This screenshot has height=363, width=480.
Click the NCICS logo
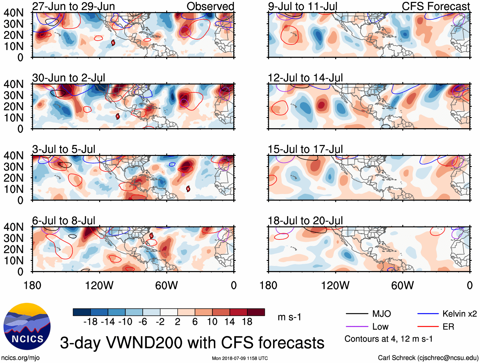(27, 326)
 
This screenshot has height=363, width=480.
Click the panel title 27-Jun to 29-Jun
(73, 6)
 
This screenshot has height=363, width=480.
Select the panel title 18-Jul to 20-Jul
(305, 220)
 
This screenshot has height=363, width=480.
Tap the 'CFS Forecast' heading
(435, 6)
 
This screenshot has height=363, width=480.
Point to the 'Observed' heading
(210, 6)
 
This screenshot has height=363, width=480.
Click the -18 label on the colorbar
(91, 322)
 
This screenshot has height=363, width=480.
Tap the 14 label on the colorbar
(230, 322)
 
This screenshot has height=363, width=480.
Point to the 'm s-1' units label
(289, 317)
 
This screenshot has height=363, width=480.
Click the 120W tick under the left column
(99, 285)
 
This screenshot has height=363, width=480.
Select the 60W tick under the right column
(402, 285)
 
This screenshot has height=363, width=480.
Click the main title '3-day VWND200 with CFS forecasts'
(192, 343)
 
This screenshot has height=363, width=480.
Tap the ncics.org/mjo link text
(20, 358)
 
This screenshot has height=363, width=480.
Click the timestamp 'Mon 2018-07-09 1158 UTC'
(240, 358)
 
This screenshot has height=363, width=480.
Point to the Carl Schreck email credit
(428, 358)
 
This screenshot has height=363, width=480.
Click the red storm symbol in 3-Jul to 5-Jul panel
(188, 189)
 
